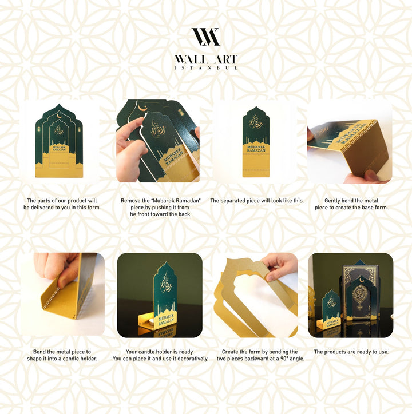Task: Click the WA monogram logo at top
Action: [205, 37]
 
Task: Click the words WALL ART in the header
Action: [205, 59]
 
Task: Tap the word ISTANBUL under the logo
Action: [205, 68]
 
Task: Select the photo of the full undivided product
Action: [60, 141]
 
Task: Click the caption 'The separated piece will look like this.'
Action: [257, 201]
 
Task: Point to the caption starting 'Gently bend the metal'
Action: [351, 204]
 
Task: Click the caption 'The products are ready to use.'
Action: [351, 352]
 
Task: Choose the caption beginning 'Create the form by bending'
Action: [257, 355]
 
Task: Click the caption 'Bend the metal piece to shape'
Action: [60, 355]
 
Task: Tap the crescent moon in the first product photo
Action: [60, 119]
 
